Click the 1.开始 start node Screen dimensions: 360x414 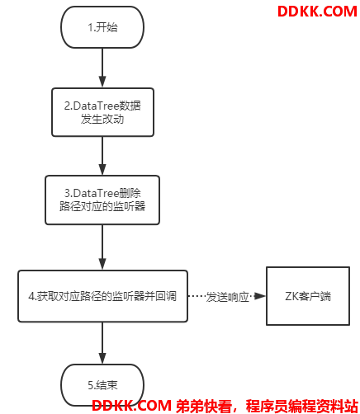[x=102, y=27]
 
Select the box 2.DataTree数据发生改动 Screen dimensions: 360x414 [x=102, y=112]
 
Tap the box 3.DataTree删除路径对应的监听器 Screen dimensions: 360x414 [x=102, y=200]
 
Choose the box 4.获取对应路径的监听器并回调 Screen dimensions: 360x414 [x=102, y=296]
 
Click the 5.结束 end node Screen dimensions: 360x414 [x=102, y=385]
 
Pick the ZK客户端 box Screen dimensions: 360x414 [x=308, y=296]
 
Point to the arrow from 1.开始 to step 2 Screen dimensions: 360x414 [x=102, y=68]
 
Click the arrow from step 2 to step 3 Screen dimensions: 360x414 [x=102, y=156]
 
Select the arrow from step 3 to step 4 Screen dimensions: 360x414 [x=102, y=247]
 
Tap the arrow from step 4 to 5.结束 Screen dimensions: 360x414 [x=102, y=343]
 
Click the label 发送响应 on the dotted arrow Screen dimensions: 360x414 [x=227, y=297]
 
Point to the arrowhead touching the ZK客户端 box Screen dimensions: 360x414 [x=259, y=296]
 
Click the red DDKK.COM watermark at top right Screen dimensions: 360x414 [x=317, y=12]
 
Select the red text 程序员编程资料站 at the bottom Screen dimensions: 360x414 [x=301, y=406]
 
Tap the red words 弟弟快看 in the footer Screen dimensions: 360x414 [x=203, y=406]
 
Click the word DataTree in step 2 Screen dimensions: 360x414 [x=96, y=106]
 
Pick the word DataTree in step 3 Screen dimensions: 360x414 [x=96, y=193]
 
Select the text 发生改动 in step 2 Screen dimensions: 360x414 [x=102, y=119]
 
